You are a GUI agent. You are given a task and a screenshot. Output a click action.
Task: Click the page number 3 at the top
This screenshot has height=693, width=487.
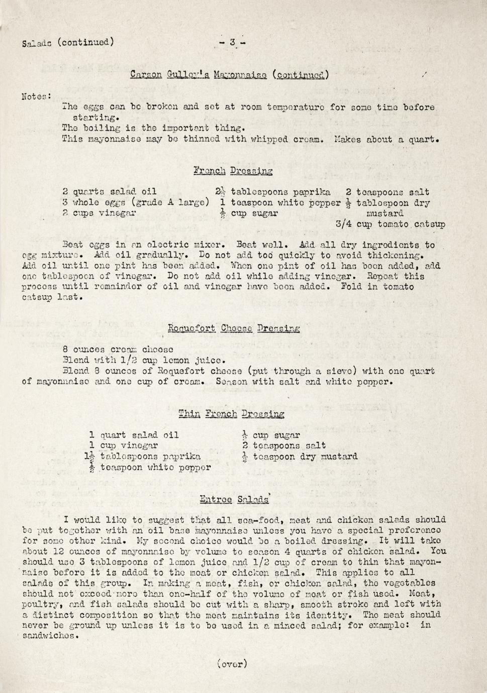pos(232,43)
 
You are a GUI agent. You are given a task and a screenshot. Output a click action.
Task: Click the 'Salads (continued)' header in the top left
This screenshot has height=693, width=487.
pos(68,43)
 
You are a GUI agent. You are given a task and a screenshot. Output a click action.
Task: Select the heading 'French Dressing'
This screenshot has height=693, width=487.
pos(233,171)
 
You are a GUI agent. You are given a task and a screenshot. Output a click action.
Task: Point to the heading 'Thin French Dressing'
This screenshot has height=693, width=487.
pos(231,414)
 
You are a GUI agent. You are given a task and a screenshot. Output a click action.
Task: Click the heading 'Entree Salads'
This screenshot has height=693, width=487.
pos(234,499)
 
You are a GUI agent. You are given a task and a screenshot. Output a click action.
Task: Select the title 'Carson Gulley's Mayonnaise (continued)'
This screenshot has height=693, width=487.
pos(229,75)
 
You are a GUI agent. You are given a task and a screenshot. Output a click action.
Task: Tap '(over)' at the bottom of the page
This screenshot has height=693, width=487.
pos(232,664)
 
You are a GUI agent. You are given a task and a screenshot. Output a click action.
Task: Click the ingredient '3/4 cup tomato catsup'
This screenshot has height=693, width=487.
pos(390,224)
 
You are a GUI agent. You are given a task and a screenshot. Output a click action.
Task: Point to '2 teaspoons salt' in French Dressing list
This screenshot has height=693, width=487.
pos(387,192)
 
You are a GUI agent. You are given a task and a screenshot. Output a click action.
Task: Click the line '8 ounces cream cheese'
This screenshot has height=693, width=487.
pos(118,350)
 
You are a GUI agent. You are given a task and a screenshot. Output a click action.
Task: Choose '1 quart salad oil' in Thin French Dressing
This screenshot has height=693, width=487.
pos(134,435)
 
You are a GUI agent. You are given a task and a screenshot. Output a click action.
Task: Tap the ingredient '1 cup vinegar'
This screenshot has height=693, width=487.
pos(124,445)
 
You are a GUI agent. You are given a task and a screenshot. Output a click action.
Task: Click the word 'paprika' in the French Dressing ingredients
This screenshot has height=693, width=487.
pos(311,192)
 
